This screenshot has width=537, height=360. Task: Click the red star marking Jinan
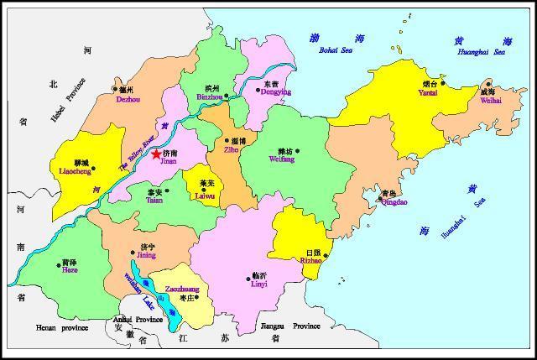[x=157, y=154]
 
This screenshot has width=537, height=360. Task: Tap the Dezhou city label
[x=128, y=98]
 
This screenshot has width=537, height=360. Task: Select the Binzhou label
[x=210, y=97]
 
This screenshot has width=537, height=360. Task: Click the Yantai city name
[x=429, y=93]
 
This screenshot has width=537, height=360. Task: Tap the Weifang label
[x=282, y=159]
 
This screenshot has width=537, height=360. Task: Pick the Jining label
[x=146, y=255]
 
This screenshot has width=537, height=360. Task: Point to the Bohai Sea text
[x=336, y=51]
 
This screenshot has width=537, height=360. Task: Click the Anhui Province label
[x=138, y=320]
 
